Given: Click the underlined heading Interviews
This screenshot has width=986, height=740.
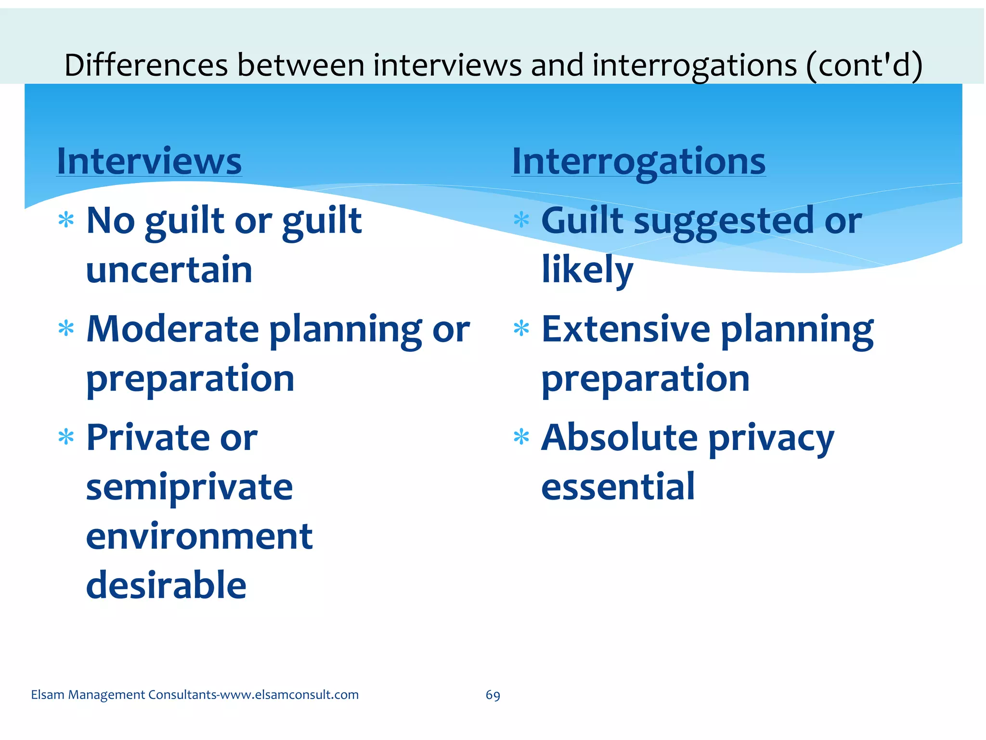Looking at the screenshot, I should pos(149,161).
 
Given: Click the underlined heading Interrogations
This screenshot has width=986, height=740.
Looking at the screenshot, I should pos(638,161).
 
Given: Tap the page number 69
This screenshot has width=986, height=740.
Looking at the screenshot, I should pos(493,695).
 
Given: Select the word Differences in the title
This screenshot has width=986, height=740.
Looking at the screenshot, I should pos(146,66).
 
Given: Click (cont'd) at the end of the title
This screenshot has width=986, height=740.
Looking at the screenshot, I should pos(864,66).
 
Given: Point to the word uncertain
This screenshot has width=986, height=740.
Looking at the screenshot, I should pos(169,270).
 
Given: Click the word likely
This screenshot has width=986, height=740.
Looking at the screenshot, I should pos(587,270).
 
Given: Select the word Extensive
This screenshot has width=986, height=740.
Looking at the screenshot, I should pos(625,330).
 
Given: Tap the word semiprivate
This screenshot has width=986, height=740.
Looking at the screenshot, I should pos(189,488).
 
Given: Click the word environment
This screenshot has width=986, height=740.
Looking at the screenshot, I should pos(199,537).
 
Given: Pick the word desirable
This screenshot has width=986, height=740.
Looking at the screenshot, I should pos(166,585).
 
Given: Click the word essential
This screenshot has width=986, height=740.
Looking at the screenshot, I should pos(618,488).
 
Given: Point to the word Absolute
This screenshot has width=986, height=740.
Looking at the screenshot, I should pos(619,438).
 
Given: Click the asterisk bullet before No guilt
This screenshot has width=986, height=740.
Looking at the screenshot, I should pos(66,221).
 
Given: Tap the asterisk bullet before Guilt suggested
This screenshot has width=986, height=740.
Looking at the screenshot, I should pos(521,221).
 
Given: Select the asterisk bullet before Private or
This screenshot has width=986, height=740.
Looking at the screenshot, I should pos(66,437).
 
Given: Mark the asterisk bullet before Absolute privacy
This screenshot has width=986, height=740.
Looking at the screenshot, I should pos(521,437).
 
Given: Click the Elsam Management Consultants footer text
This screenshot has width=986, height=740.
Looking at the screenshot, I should pos(195,695).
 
